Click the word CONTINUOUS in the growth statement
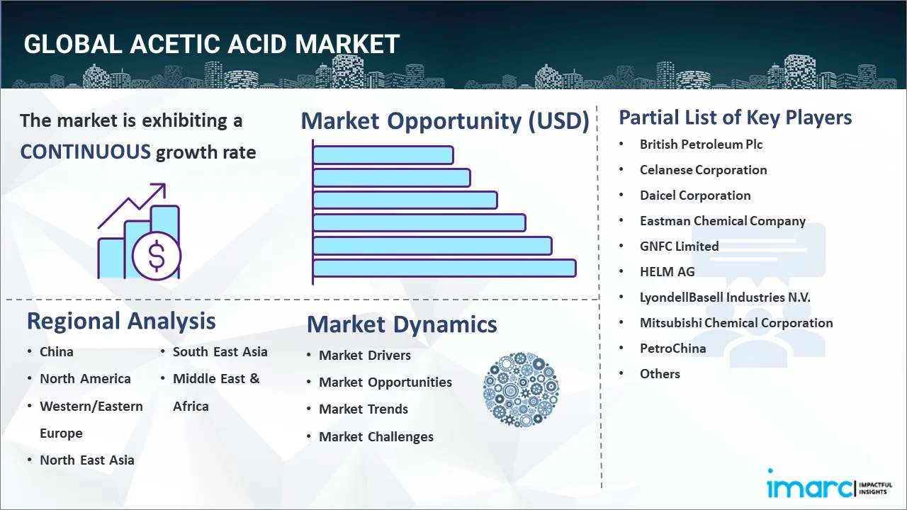coord(86,152)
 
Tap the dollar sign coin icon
coord(157,256)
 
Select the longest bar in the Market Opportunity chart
coord(444,268)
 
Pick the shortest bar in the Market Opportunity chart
coord(383,155)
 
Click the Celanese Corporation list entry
coord(704,170)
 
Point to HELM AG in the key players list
coord(667,271)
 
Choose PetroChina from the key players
coord(672,348)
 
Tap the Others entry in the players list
coord(660,373)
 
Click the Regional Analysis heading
coord(121,322)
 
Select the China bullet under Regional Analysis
coord(56,352)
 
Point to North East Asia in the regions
coord(86,460)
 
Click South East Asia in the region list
coord(220,352)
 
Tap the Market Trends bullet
coord(364,409)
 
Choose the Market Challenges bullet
coord(376,437)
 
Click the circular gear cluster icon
coord(521,390)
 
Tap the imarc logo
coord(829,484)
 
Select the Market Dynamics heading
coord(402,324)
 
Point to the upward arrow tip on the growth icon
coord(165,184)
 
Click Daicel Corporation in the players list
coord(695,195)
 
